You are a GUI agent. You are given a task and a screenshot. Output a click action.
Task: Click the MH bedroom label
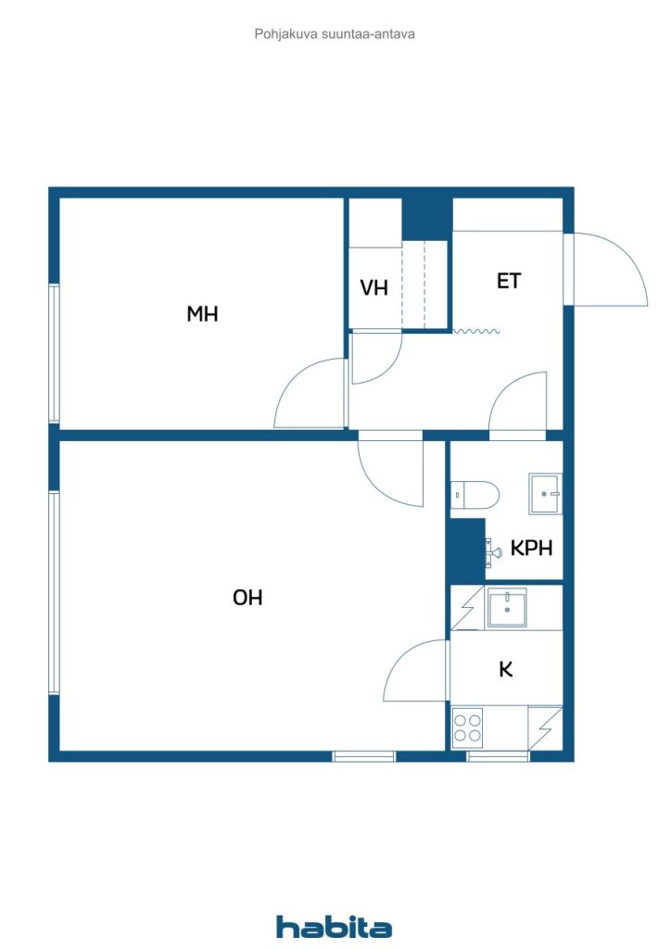pos(202,313)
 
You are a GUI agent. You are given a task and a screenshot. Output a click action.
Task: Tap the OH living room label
pos(247,598)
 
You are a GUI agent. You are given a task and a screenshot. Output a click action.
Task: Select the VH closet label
pos(373,287)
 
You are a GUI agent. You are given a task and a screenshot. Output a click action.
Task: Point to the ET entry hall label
pos(508,281)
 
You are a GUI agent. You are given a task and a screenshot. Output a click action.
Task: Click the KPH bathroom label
pos(531,548)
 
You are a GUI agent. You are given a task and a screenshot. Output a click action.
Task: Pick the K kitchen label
pos(506,669)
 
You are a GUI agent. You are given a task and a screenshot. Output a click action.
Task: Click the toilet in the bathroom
pos(475,495)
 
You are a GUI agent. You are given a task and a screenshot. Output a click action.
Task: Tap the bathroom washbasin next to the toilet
pos(545,494)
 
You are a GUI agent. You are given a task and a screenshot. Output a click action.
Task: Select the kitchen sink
pos(507,607)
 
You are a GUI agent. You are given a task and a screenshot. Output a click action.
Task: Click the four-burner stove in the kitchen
pos(468,728)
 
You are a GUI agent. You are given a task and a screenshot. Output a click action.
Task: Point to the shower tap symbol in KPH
pos(492,552)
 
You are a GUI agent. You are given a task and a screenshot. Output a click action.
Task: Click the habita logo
pos(334,927)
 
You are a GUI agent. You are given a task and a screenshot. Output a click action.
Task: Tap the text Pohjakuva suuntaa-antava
pos(335,34)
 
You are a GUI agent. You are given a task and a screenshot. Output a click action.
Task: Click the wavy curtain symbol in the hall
pos(476,331)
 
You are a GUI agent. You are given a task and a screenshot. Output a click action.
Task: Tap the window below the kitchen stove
pos(498,756)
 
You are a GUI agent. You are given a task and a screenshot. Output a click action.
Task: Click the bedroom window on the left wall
pos(55,353)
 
